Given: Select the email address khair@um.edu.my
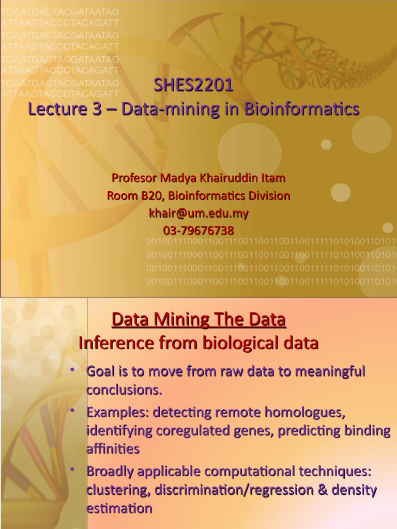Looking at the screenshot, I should tap(198, 213).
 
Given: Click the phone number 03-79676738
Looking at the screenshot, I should tap(198, 230).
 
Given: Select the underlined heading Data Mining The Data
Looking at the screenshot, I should tap(198, 320).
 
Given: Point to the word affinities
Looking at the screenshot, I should tap(113, 449).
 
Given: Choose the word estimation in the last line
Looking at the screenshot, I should tap(119, 508).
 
